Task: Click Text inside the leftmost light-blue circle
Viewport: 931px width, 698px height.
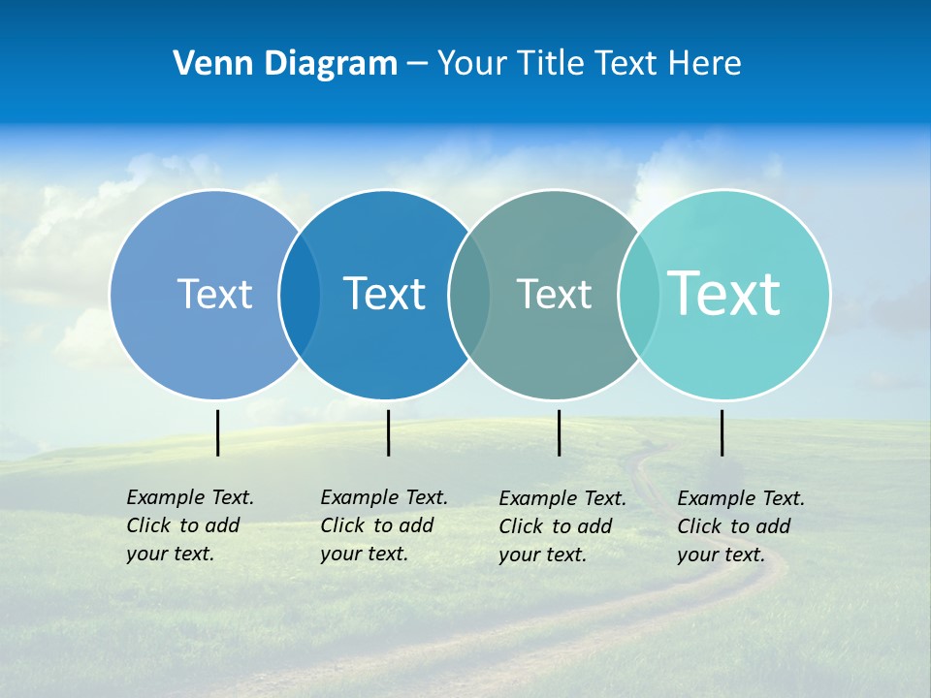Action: (x=214, y=294)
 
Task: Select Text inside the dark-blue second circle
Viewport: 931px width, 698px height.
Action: (x=384, y=294)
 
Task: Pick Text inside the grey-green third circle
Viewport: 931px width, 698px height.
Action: (x=554, y=294)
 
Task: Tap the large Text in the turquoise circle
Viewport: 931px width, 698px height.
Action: (x=724, y=293)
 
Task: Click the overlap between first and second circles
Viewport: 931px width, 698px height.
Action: (x=300, y=294)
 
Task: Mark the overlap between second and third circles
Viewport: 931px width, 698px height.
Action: (x=469, y=294)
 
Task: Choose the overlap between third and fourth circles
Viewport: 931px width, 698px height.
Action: (x=639, y=294)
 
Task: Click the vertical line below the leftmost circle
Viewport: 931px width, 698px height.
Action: (x=218, y=432)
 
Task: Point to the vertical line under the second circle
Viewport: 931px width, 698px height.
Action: (x=388, y=432)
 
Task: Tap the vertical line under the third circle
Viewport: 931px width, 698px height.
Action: (x=559, y=432)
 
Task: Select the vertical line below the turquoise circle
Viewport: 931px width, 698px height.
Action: (x=722, y=432)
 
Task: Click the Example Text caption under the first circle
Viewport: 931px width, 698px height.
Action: (x=189, y=525)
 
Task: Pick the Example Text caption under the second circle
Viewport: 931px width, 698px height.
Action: (x=383, y=525)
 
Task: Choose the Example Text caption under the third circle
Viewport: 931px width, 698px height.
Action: (x=562, y=526)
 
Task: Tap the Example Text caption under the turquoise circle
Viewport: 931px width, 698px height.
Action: (x=740, y=526)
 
